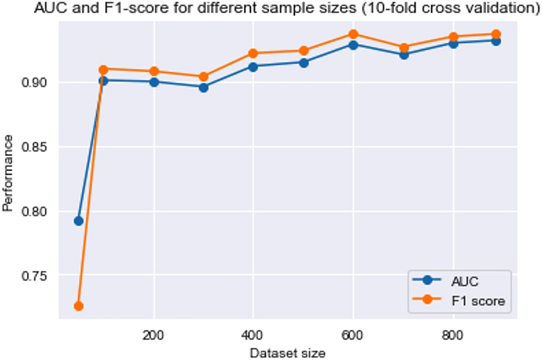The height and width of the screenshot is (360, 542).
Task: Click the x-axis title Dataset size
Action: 288,353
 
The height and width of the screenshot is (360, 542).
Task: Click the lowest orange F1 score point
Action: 78,306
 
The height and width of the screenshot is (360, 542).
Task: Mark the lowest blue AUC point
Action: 78,220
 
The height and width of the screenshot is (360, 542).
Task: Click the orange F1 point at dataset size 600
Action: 353,34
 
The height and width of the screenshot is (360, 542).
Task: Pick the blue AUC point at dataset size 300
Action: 203,87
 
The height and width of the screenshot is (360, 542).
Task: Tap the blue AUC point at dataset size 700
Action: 403,54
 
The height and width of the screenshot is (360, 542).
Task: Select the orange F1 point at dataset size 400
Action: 253,53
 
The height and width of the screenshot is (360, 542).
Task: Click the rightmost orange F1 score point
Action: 495,34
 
